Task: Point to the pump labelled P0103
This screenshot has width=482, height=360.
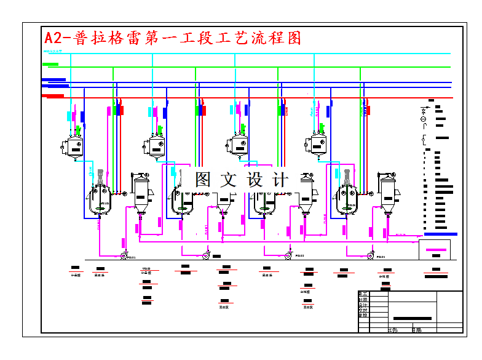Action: [x=288, y=256]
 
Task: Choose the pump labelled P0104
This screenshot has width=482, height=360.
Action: [x=370, y=256]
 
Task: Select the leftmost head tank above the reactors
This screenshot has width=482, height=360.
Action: [x=73, y=146]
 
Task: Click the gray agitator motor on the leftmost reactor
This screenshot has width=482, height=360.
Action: [x=99, y=175]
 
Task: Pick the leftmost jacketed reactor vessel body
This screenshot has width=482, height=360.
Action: [x=98, y=202]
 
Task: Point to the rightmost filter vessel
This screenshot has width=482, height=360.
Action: [x=387, y=193]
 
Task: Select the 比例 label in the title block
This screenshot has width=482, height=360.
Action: [x=393, y=330]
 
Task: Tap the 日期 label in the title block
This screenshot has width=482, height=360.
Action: [x=417, y=330]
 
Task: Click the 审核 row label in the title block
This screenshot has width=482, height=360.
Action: [x=363, y=314]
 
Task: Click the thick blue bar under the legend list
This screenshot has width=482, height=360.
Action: [x=441, y=234]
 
